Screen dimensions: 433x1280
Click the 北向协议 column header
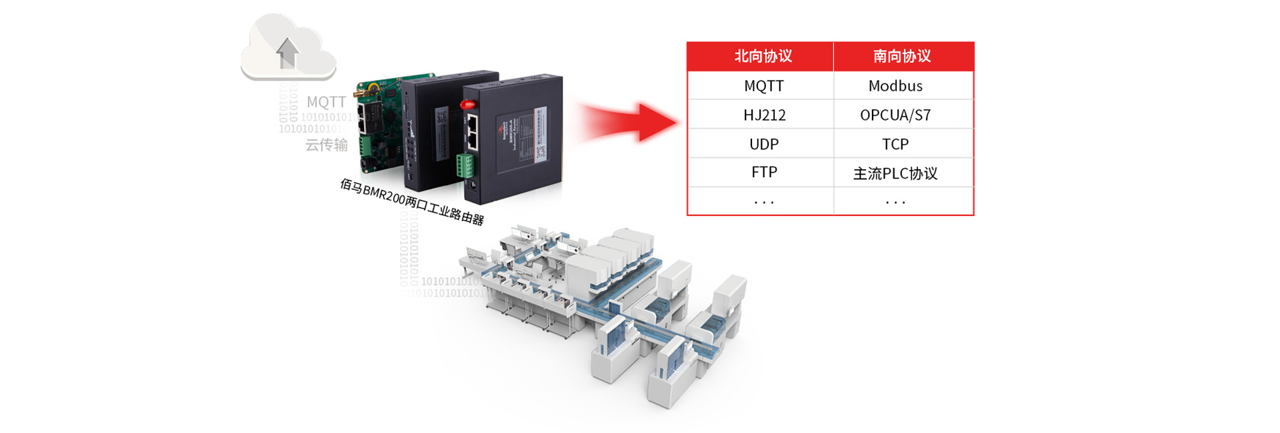tap(763, 57)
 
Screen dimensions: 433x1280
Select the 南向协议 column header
tap(902, 57)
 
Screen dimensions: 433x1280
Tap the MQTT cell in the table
tap(763, 86)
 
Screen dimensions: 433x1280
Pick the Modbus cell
tap(895, 86)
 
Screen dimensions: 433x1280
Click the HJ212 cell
tap(764, 115)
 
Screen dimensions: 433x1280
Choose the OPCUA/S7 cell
tap(895, 115)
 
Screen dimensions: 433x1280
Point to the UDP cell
tap(763, 144)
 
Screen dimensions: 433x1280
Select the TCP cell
tap(895, 144)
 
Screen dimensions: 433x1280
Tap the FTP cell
tap(764, 173)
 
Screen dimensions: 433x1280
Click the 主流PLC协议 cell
tap(895, 174)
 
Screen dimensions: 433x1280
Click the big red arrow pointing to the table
tap(627, 122)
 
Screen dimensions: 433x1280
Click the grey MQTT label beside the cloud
tap(326, 102)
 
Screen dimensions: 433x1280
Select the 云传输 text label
tap(326, 145)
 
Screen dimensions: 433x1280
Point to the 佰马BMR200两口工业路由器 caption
tap(411, 201)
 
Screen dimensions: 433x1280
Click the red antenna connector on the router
tap(467, 105)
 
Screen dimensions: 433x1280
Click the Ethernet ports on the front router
tap(472, 131)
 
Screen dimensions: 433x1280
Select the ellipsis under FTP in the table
tap(763, 202)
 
